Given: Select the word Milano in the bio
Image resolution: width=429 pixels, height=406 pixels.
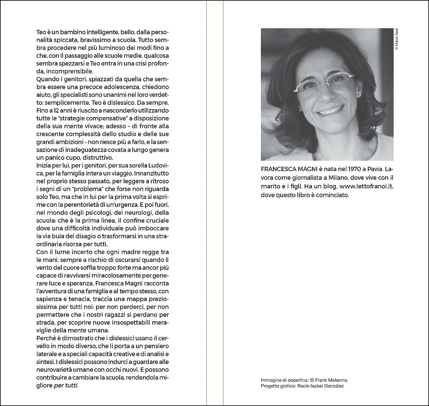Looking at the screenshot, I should (338, 178).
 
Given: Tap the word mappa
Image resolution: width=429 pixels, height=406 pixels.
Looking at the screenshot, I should (129, 299).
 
